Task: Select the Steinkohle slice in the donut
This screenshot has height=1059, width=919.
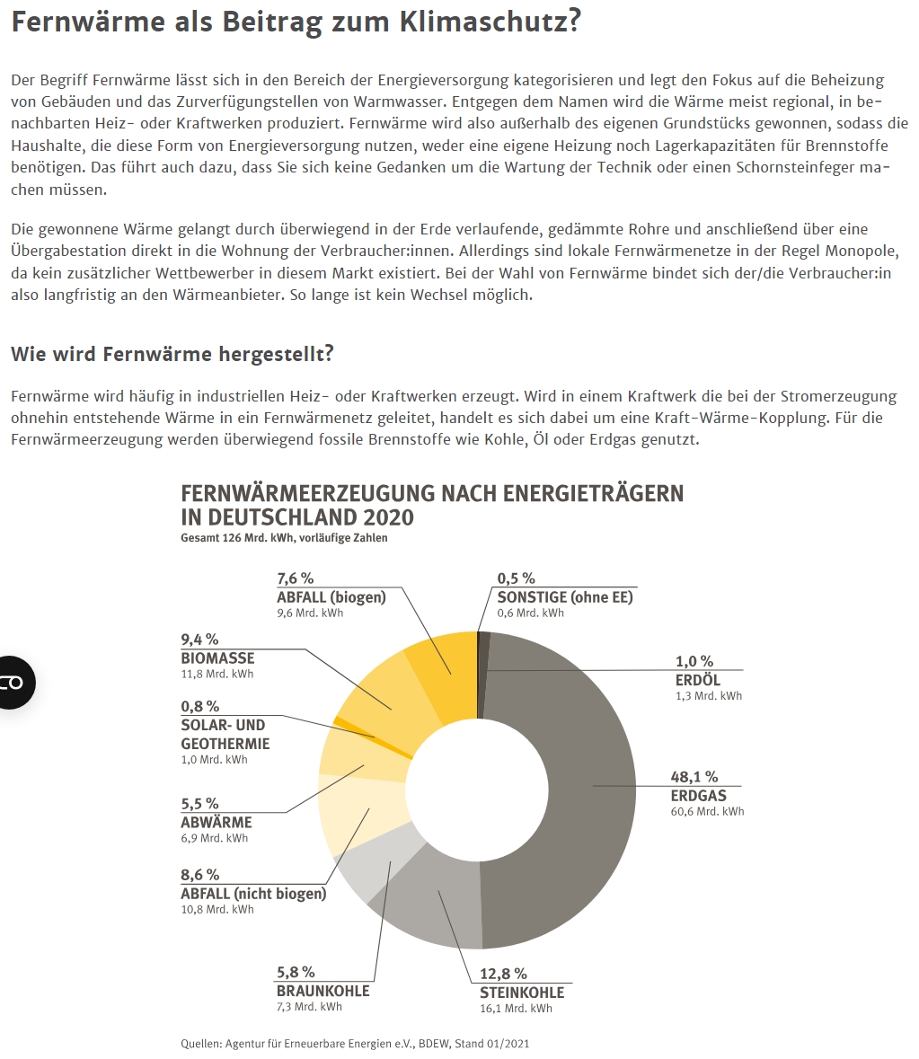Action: tap(445, 903)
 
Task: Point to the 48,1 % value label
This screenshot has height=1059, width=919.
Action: tap(694, 777)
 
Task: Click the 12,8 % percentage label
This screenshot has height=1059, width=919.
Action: tap(503, 974)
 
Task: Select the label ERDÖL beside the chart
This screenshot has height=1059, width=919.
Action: tap(698, 680)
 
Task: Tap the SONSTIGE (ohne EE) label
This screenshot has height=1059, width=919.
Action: tap(565, 597)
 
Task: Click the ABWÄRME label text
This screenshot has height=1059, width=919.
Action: tap(216, 822)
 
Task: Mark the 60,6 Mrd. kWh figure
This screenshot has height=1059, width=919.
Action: tap(708, 812)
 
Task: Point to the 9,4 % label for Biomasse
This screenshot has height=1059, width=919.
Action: tap(199, 640)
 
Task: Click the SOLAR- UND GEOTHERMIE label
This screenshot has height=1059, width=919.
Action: tap(225, 734)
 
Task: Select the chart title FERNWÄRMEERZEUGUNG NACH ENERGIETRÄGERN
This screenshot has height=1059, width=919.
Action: tap(432, 494)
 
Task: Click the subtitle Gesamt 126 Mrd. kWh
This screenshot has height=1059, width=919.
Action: tap(284, 539)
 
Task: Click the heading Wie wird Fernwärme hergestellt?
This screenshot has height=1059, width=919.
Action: tap(172, 354)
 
